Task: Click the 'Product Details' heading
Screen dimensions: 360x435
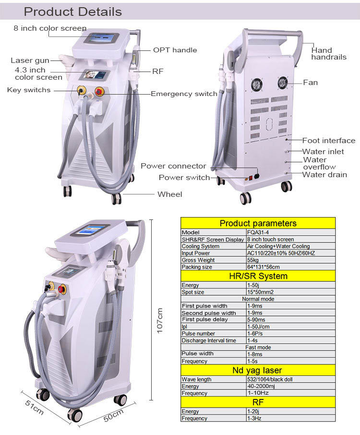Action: (72, 12)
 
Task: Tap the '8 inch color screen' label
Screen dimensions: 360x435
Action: (50, 28)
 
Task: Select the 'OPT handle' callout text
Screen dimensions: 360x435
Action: (175, 50)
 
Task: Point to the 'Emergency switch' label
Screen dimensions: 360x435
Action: (184, 94)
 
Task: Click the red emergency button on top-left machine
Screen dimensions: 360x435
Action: (99, 91)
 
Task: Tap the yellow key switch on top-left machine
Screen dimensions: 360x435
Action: (81, 90)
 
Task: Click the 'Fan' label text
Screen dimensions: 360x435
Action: (311, 83)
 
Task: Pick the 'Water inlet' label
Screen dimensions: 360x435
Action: (323, 151)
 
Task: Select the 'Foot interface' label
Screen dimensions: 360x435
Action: (329, 140)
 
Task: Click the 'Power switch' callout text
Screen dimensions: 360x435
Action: (184, 177)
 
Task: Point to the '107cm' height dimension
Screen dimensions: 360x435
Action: (159, 320)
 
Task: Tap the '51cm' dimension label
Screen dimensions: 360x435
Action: (35, 407)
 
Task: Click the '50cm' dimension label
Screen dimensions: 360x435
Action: (113, 415)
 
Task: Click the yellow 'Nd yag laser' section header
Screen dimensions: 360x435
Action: (258, 370)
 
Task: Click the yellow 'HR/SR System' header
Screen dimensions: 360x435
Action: (258, 276)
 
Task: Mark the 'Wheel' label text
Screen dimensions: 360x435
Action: (170, 194)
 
